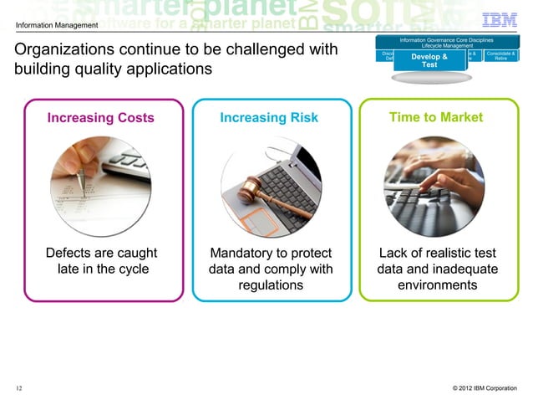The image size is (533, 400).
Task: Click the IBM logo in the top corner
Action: (505, 20)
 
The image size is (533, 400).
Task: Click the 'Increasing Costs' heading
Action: (100, 118)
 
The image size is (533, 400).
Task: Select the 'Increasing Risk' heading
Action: (268, 118)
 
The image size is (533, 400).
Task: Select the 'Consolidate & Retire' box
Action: (500, 56)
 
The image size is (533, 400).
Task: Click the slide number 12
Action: (18, 387)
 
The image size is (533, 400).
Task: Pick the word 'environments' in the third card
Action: (438, 285)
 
